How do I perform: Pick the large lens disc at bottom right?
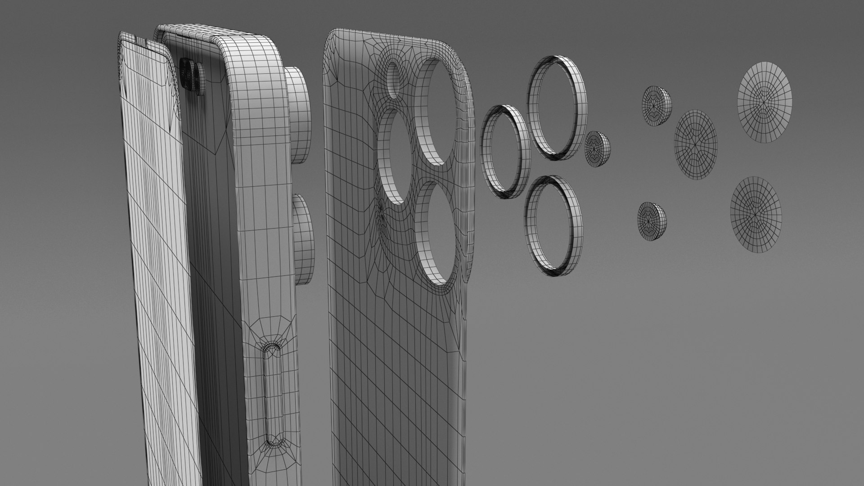tap(756, 215)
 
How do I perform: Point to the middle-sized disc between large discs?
tap(695, 144)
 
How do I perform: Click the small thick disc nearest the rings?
tap(597, 149)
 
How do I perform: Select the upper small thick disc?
tap(656, 106)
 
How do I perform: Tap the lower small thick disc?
tap(651, 221)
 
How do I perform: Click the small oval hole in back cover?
tap(393, 80)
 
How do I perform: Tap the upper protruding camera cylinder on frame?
tap(297, 115)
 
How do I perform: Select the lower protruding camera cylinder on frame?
tap(303, 239)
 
